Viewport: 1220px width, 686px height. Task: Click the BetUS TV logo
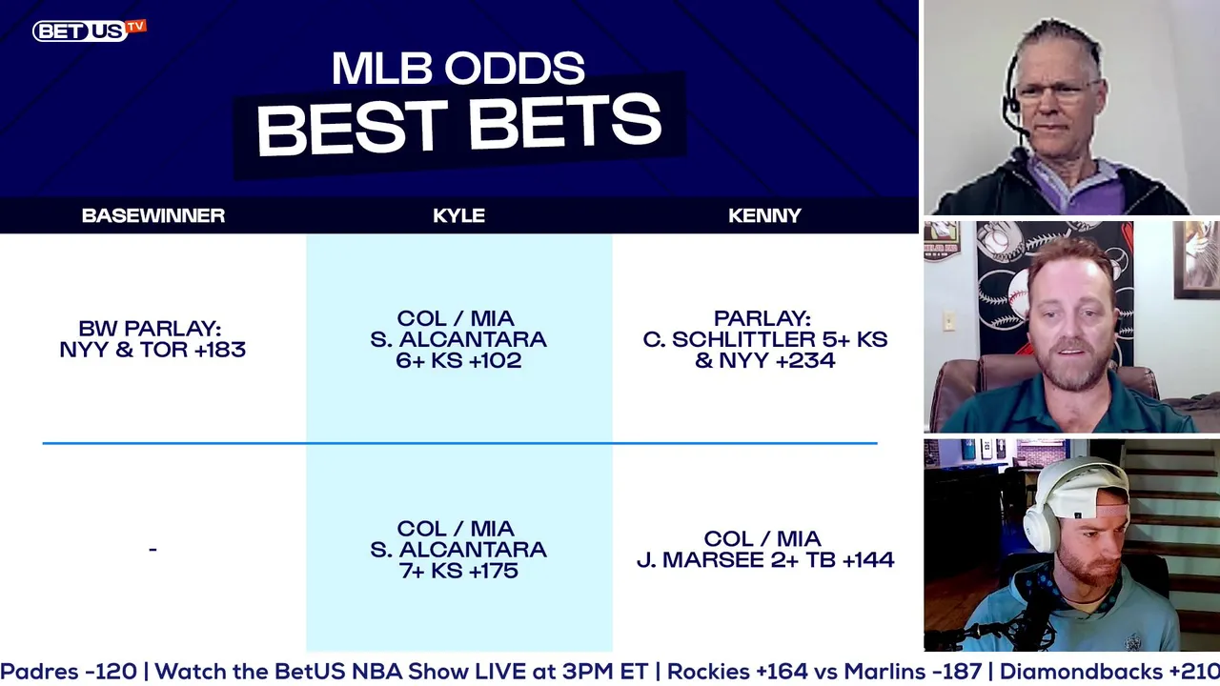click(90, 30)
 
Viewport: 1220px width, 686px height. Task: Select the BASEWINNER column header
click(153, 215)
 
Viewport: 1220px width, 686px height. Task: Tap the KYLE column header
click(458, 215)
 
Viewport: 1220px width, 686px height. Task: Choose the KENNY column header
click(764, 215)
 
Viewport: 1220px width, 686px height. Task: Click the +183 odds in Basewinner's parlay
click(220, 350)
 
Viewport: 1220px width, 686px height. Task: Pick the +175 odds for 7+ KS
click(493, 571)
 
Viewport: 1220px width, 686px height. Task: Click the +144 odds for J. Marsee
click(868, 559)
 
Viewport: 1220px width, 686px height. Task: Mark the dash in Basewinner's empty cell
click(153, 550)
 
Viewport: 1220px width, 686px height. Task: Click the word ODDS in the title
click(515, 69)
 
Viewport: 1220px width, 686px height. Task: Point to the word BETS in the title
click(565, 125)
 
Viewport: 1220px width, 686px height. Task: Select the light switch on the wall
click(949, 321)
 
